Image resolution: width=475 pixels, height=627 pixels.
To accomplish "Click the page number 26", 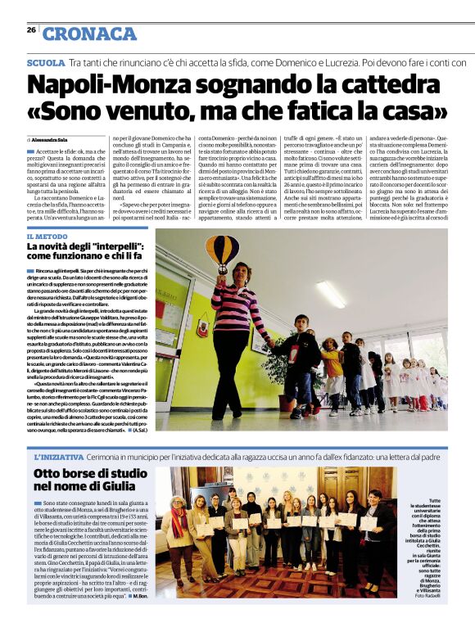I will coord(30,30).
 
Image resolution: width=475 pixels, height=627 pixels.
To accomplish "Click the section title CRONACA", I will coord(90,34).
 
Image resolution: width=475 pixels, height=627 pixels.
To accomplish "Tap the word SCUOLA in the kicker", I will coord(46,62).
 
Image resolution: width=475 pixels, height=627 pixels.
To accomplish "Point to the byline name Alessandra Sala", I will coord(52,140).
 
